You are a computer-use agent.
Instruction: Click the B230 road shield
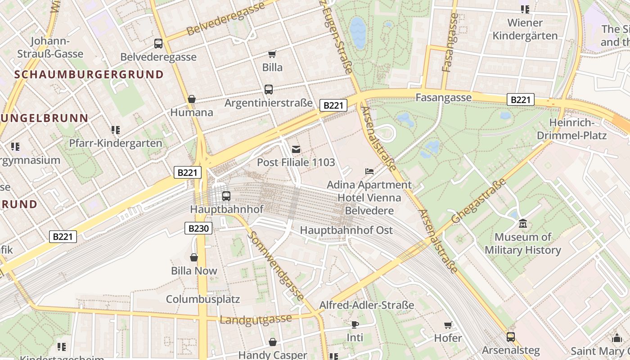(198, 228)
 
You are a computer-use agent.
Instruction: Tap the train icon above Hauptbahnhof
(226, 196)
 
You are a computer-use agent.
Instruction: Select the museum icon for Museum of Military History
(522, 223)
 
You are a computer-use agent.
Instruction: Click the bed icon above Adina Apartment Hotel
(369, 171)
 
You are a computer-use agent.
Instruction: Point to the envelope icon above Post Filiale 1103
(296, 149)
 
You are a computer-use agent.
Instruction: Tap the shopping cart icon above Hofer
(448, 325)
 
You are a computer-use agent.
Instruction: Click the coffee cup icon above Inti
(355, 324)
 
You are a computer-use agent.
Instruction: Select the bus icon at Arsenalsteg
(510, 337)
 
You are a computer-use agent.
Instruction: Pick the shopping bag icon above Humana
(192, 99)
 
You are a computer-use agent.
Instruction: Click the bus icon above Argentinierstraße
(269, 90)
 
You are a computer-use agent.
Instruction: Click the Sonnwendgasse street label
(275, 266)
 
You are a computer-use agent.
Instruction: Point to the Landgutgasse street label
(256, 319)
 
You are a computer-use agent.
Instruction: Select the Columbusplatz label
(203, 299)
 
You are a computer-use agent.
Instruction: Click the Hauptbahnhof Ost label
(346, 230)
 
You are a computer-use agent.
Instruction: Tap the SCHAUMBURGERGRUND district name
(89, 74)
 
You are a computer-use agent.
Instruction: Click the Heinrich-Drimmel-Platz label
(571, 129)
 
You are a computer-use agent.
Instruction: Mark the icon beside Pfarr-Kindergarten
(116, 130)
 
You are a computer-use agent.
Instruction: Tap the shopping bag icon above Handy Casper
(272, 342)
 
